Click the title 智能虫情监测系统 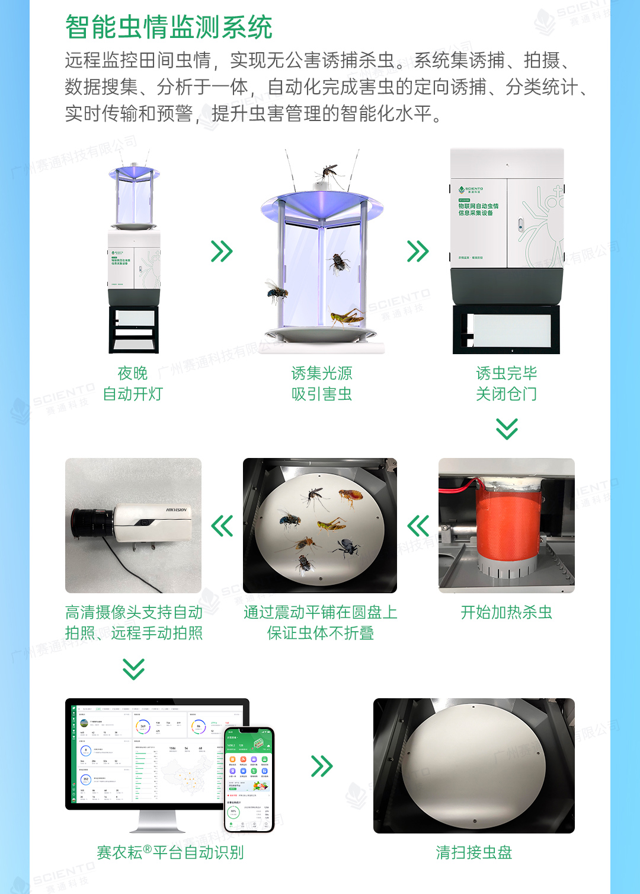point(168,27)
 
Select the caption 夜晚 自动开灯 point(133,383)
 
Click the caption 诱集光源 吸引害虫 point(321,383)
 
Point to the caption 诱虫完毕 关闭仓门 point(506,383)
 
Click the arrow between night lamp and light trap point(222,252)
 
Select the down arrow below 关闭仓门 point(507,428)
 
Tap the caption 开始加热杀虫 point(506,612)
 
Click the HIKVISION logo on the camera point(176,510)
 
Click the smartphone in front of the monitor point(249,779)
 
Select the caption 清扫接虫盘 point(473,852)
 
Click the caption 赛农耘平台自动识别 point(170,852)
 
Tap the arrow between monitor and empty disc point(322,766)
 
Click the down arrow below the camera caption point(133,669)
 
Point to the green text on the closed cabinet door point(478,209)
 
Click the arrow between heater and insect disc point(418,526)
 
